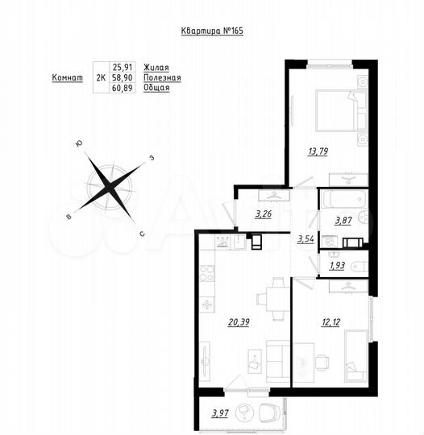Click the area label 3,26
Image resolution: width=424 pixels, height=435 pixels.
pos(264,214)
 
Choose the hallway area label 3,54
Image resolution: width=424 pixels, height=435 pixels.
pos(306,239)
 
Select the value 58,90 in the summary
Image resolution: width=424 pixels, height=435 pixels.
pos(123,78)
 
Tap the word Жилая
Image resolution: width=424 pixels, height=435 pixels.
pos(157,68)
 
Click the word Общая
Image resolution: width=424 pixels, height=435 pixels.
pos(157,88)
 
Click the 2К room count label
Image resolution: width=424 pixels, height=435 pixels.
pos(100,78)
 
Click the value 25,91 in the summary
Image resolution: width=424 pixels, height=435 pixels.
pos(123,68)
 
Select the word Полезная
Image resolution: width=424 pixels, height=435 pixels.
pos(163,78)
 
